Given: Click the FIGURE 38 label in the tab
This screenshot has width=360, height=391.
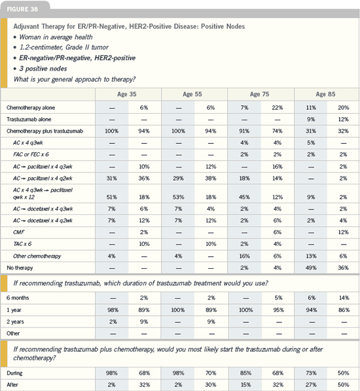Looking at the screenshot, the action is (22, 9).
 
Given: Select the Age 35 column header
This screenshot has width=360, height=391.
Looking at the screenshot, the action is (127, 94).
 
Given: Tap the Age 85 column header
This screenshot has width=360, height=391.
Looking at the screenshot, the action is (325, 94).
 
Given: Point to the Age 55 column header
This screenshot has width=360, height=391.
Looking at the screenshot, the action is (192, 94).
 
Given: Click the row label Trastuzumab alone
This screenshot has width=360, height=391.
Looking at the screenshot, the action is (29, 120).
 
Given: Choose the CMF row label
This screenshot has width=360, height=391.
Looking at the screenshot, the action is (19, 232).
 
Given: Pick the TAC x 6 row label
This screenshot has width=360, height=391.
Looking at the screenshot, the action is (22, 244).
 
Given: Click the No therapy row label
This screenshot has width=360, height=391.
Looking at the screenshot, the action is (20, 268).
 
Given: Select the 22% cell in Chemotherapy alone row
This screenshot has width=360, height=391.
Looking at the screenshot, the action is (278, 108).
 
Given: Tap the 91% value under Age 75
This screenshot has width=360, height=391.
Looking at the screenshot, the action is (244, 131).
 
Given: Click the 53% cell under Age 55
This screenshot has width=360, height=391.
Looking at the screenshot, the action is (178, 197).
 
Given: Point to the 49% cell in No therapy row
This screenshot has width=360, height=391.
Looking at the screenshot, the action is (311, 268).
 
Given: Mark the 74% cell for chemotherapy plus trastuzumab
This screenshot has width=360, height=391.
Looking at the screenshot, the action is (278, 131).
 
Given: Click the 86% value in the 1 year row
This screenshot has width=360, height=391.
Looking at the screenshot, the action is (344, 310).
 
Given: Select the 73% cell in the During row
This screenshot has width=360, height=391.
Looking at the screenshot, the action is (311, 373).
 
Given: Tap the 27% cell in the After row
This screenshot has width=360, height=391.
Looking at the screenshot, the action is (311, 384).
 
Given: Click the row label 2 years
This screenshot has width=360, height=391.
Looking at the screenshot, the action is (15, 322).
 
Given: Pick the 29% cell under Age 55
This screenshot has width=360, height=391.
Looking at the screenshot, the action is (178, 178).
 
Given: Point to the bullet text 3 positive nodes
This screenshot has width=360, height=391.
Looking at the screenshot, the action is (43, 69).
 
